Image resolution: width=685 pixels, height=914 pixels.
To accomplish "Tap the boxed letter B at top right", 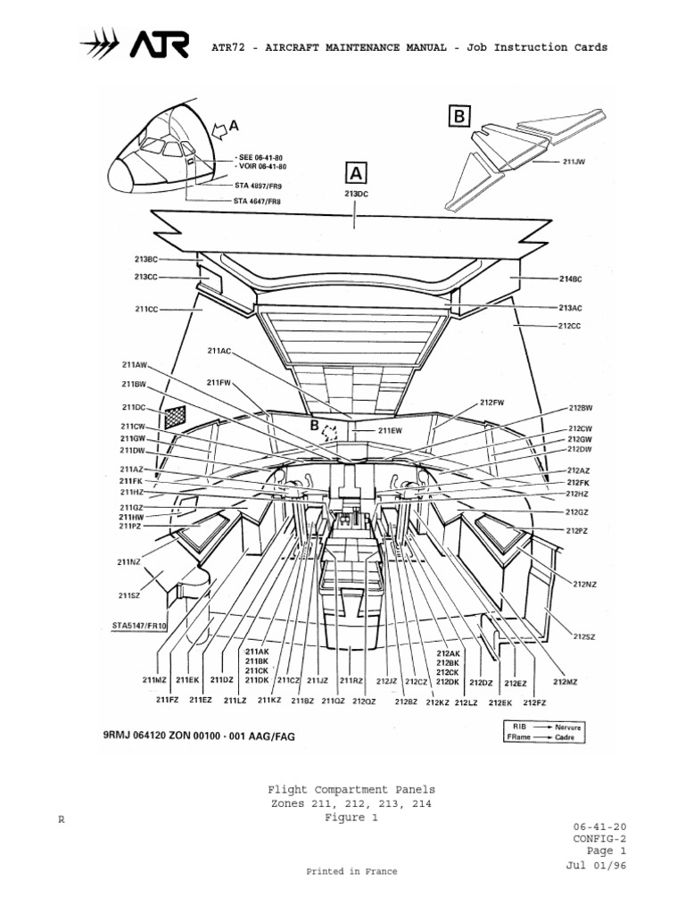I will pyautogui.click(x=458, y=115).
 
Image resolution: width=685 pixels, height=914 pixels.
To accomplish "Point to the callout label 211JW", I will pyautogui.click(x=574, y=162).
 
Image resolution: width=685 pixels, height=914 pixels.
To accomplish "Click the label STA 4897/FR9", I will pyautogui.click(x=258, y=185).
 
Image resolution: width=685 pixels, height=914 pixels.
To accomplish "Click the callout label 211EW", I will pyautogui.click(x=390, y=430).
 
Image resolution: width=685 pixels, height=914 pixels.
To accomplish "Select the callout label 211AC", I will pyautogui.click(x=219, y=351).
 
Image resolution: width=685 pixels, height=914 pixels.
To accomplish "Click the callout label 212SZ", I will pyautogui.click(x=584, y=636).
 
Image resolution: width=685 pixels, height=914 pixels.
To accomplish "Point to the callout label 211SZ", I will pyautogui.click(x=130, y=595).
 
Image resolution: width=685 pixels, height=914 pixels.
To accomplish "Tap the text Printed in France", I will pyautogui.click(x=352, y=871).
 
